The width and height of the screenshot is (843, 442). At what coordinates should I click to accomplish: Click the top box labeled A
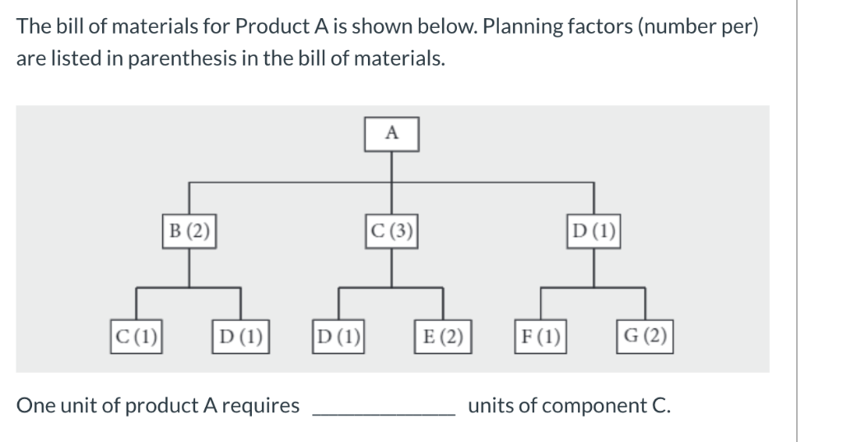(x=392, y=133)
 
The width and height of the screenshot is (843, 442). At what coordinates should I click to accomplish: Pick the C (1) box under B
(x=137, y=336)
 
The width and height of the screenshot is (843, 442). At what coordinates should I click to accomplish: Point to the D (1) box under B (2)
(x=240, y=336)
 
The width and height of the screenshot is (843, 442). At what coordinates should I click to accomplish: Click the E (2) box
(x=443, y=336)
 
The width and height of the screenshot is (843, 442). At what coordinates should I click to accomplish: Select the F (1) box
(x=540, y=336)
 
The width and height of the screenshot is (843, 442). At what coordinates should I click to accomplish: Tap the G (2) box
(x=645, y=336)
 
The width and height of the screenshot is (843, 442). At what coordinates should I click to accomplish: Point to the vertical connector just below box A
(x=392, y=165)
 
